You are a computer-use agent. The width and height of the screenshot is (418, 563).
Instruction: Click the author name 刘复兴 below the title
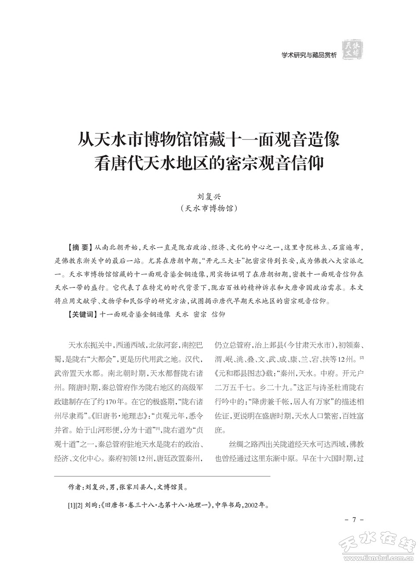click(209, 197)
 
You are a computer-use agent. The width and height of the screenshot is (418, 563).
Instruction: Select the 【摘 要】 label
click(78, 248)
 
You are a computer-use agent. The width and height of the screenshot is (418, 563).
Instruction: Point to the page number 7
click(353, 520)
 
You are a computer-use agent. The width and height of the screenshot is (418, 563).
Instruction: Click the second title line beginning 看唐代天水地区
click(209, 164)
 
